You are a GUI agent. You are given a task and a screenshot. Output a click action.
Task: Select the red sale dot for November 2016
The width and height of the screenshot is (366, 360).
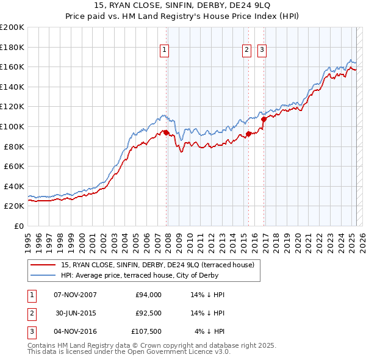coord(264,120)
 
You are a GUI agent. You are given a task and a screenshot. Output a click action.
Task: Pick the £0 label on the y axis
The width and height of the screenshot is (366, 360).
coord(18,226)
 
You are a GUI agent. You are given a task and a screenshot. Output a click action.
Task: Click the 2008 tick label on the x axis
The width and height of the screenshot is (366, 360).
coord(168,240)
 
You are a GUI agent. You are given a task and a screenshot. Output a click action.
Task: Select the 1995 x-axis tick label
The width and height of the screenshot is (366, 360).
coord(28,240)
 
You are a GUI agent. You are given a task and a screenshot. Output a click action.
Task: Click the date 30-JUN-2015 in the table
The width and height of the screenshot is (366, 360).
coord(75,313)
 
